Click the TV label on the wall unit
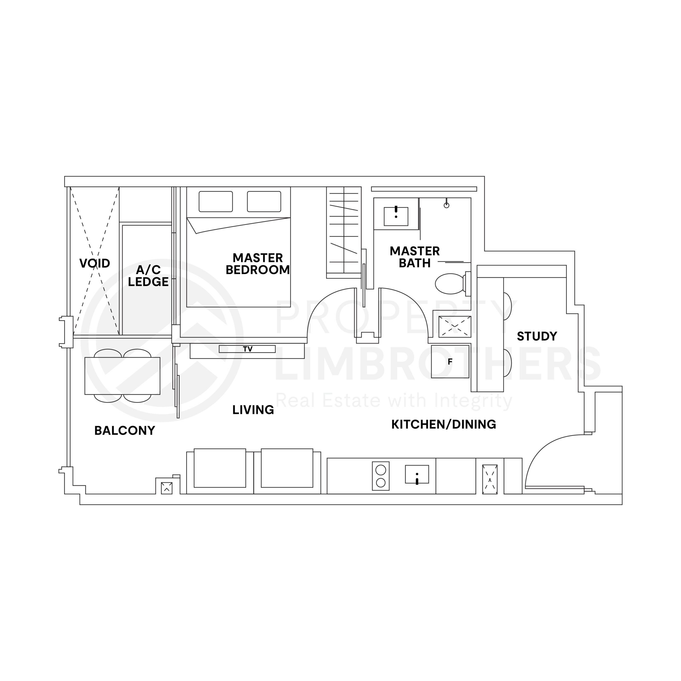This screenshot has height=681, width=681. pos(247,349)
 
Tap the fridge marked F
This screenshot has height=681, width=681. pos(450,362)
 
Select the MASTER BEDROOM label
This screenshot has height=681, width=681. pos(258,264)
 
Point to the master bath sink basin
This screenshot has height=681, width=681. pos(396,216)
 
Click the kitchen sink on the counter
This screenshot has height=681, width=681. pos(417,474)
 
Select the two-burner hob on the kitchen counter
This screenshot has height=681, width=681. pos(381,476)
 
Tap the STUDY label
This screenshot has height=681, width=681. pos(537,336)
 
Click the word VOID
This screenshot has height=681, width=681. pos(94,263)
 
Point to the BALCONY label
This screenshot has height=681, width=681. pos(125,430)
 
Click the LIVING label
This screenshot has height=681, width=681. pos(253,410)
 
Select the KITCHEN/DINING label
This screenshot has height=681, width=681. pos(444,424)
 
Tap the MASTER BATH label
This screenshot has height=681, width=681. pos(414,257)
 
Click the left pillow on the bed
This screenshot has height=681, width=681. pos(216,201)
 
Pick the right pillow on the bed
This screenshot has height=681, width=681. pos(264,201)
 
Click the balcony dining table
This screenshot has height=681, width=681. pos(122,376)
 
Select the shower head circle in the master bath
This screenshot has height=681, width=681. pos(447,205)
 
